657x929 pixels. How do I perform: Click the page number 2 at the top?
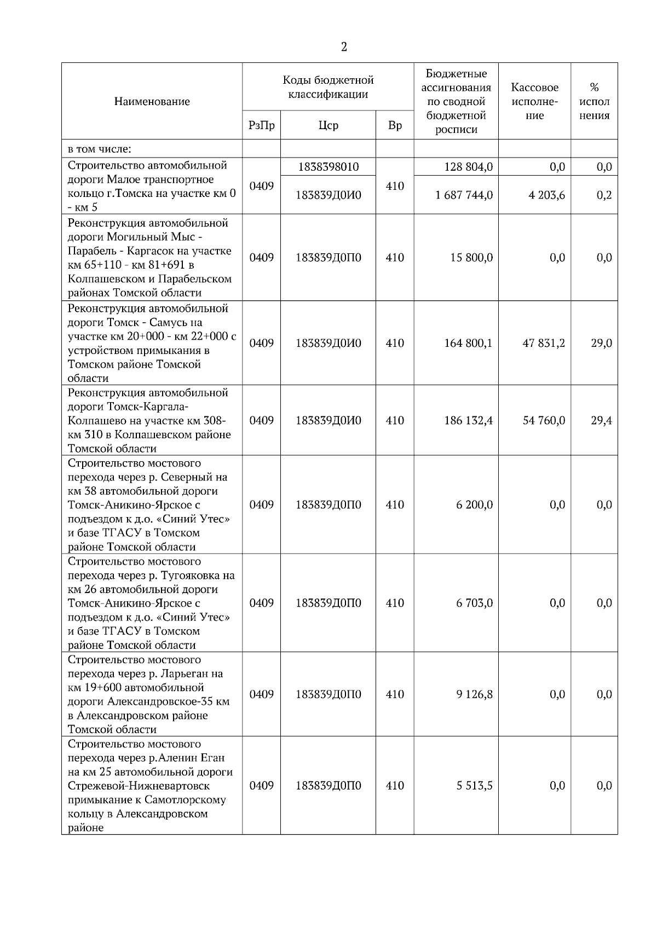pos(344,47)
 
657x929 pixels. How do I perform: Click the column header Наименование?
pos(152,101)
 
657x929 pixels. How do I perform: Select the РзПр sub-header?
pos(261,125)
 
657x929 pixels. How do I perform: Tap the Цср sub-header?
pos(328,125)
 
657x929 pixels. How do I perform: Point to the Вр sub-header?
pos(395,125)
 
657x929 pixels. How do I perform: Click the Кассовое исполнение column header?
pos(534,101)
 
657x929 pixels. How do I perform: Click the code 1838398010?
pos(328,167)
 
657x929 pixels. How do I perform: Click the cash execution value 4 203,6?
pos(546,195)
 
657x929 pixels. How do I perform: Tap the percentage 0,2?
pos(604,195)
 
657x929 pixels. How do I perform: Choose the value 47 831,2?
pos(543,343)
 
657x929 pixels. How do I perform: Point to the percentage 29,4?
pos(601,420)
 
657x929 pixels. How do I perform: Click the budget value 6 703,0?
pos(475,603)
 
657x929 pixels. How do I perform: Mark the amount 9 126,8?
pos(475,694)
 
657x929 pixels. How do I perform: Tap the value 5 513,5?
pos(475,786)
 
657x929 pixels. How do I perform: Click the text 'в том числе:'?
pos(99,149)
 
